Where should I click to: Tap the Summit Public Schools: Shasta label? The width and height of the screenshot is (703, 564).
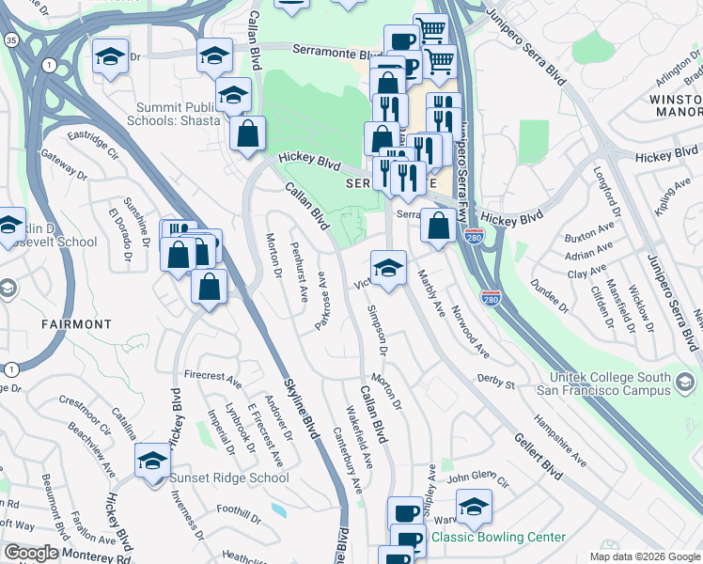[178, 114]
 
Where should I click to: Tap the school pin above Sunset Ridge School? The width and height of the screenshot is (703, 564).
[152, 462]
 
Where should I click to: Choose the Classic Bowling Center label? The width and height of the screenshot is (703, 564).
[498, 538]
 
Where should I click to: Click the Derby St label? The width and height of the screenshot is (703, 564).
[496, 384]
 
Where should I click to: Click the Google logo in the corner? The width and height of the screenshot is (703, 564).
[31, 553]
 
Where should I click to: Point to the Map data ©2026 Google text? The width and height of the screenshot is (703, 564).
[644, 556]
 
